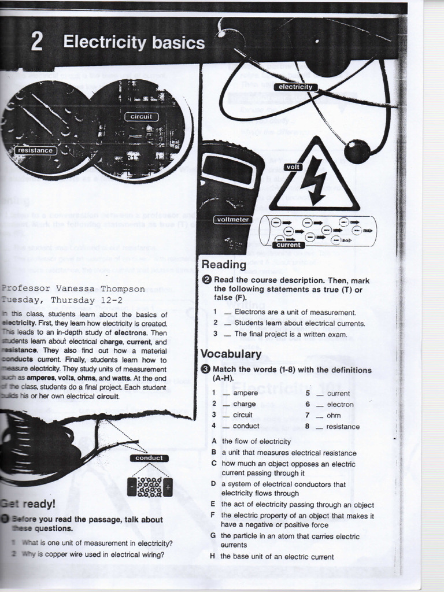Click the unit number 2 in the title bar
point(36,43)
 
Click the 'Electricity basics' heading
point(134,43)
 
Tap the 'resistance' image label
point(35,150)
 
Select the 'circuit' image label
point(141,117)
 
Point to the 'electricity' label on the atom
point(295,87)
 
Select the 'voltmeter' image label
point(232,219)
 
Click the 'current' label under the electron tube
point(288,245)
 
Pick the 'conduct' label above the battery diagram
point(149,458)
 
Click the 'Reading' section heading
point(224,265)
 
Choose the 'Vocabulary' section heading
point(231,354)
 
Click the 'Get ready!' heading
point(28,504)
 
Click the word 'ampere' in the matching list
point(245,393)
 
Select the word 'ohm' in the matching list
point(334,415)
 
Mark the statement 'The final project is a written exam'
point(290,334)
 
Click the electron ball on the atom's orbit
point(357,151)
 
